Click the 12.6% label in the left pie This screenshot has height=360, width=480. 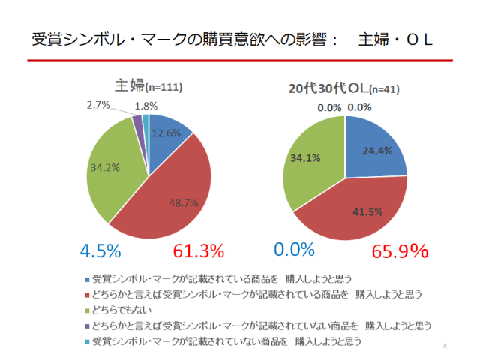(x=166, y=133)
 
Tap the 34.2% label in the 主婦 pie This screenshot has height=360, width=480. (x=106, y=167)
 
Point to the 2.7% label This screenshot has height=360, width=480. (x=99, y=104)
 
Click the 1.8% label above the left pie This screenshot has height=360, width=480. (x=146, y=106)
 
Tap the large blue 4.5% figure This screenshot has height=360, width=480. (x=101, y=250)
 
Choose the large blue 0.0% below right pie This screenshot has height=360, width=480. (x=294, y=250)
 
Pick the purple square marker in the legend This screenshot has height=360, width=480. (x=86, y=325)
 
